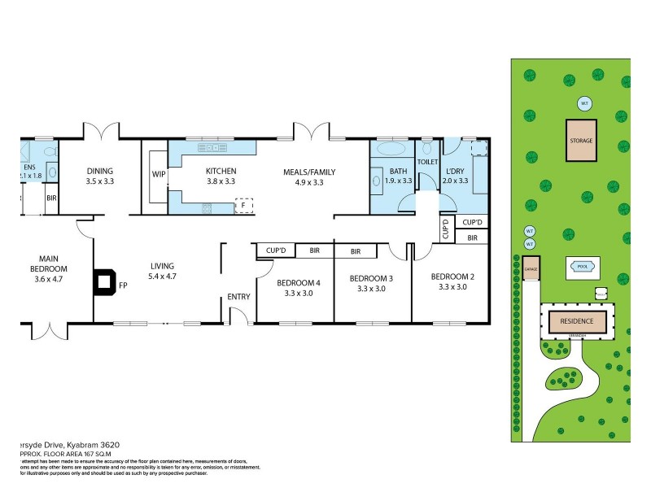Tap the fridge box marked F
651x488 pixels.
[243, 206]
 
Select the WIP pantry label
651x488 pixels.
[159, 173]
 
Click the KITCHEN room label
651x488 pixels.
[220, 172]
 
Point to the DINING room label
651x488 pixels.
[100, 172]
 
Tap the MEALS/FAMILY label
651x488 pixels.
[308, 172]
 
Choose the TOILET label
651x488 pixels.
[427, 162]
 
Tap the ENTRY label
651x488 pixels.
[239, 297]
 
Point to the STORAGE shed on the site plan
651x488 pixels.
[581, 141]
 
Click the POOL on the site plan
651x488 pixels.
[581, 266]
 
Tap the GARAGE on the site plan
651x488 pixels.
[531, 268]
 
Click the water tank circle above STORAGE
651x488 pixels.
[583, 103]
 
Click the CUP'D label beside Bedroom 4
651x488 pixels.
[275, 251]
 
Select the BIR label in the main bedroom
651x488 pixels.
[50, 198]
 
